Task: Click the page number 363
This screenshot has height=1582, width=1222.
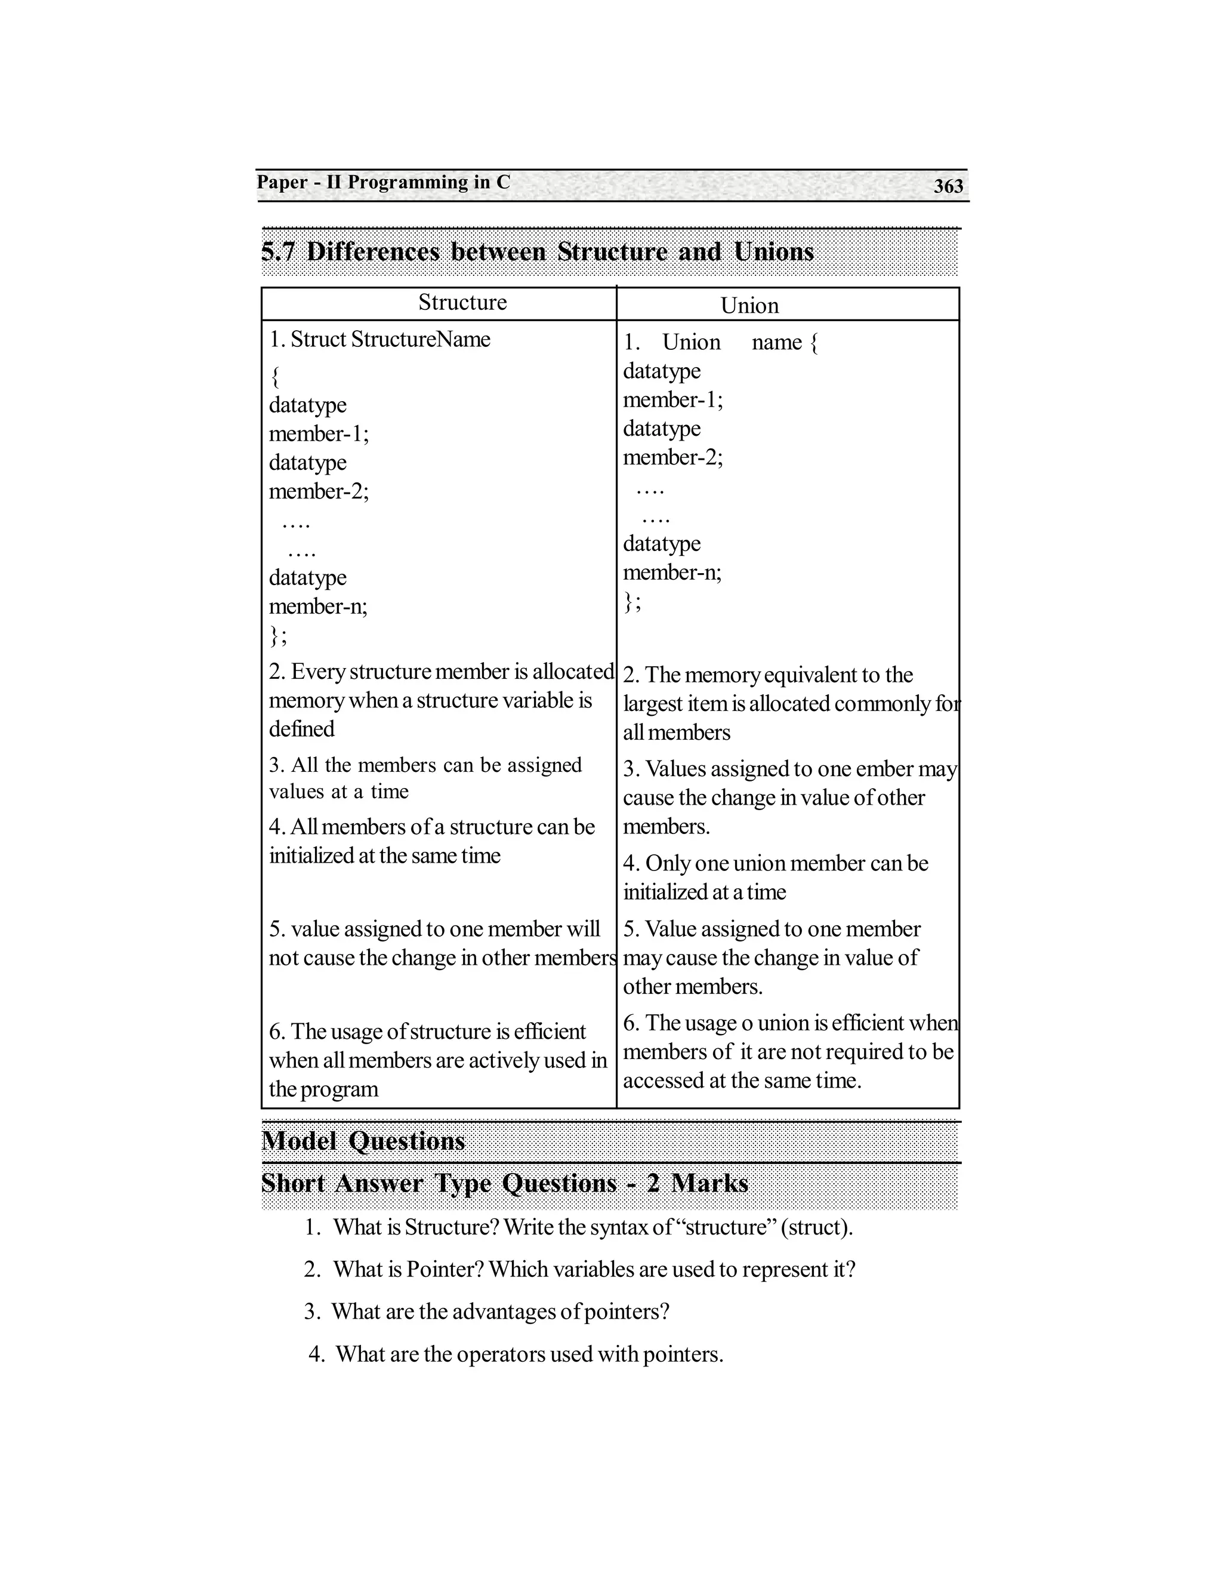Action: [948, 186]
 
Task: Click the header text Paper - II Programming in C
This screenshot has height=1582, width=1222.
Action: [384, 182]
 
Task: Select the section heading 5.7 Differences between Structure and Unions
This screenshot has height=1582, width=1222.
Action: [537, 252]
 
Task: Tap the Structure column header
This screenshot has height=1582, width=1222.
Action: [462, 302]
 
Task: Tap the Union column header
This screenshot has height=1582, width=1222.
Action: [749, 306]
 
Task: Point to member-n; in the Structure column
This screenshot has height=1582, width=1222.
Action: [319, 607]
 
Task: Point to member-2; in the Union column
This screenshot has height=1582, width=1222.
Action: [673, 458]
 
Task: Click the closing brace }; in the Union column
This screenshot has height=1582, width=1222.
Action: [632, 602]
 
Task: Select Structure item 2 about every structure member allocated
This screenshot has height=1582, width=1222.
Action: [440, 700]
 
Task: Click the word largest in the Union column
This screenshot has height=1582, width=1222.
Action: [653, 704]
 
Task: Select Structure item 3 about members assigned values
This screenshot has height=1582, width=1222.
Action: [425, 778]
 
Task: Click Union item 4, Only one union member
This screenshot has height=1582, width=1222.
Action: [774, 877]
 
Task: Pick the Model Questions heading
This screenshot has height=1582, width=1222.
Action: [363, 1141]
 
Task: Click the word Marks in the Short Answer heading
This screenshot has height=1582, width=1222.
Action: [709, 1184]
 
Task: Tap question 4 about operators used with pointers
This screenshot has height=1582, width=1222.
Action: [516, 1354]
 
